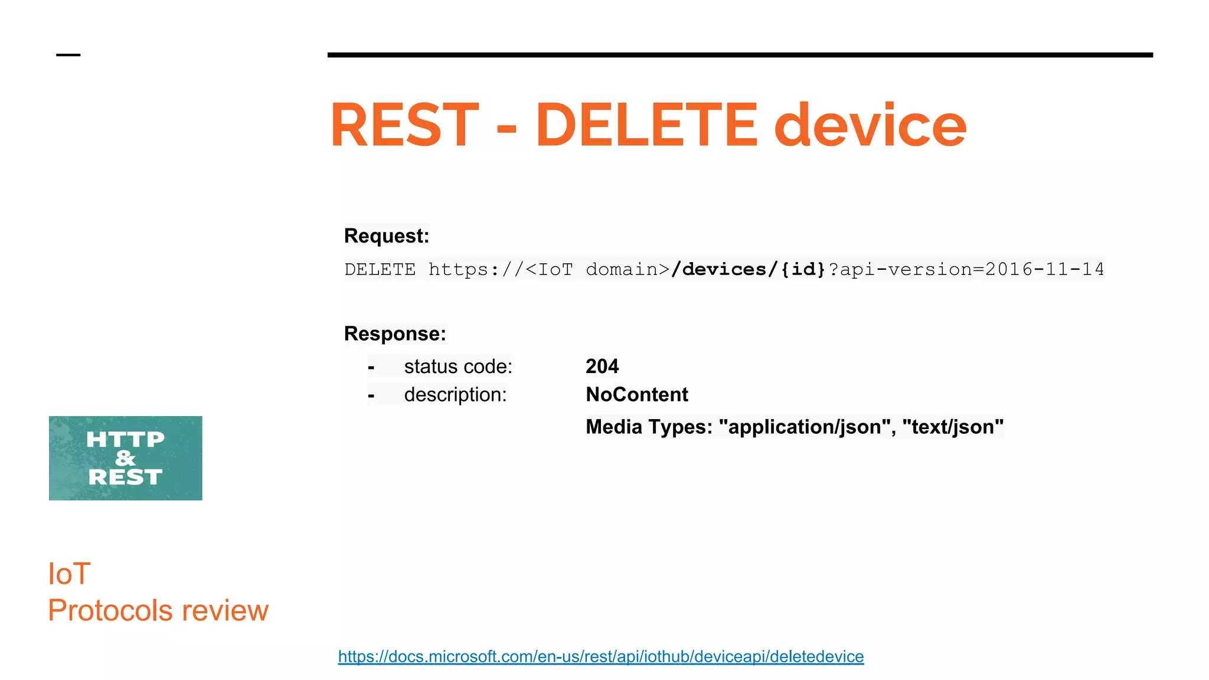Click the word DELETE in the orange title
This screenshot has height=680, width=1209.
coord(646,125)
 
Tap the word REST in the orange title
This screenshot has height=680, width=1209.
coord(404,125)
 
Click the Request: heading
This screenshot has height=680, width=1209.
coord(386,236)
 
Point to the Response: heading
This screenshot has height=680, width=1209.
coord(395,334)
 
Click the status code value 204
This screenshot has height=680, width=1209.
coord(602,367)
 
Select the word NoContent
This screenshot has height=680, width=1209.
coord(636,395)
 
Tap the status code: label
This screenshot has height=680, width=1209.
coord(458,367)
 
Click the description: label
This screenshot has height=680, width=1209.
coord(455,395)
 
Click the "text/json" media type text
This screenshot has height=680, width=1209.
coord(953,427)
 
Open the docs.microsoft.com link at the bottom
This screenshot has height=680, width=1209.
coord(600,656)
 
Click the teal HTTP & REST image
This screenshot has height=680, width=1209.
coord(125,458)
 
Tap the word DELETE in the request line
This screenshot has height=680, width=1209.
coord(380,270)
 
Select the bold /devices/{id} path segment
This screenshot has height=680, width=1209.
coord(749,270)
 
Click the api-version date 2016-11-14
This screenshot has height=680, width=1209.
coord(1044,270)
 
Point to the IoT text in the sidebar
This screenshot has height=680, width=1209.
coord(69,574)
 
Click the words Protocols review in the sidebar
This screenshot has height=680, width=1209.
coord(158,610)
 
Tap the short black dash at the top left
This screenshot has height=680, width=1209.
coord(68,55)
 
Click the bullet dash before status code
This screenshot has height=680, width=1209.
coord(371,368)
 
